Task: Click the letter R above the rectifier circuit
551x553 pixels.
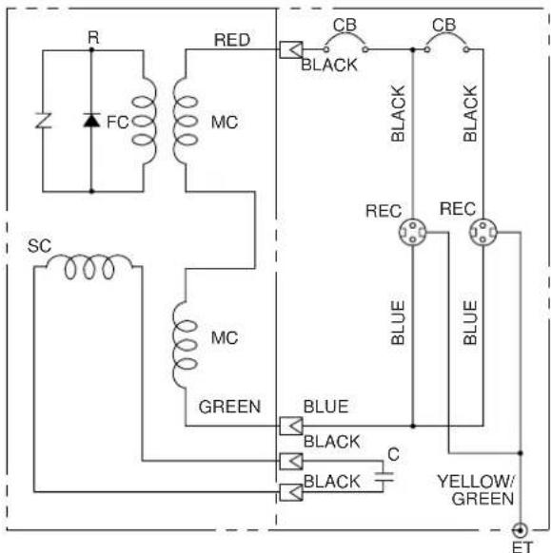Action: [x=93, y=37]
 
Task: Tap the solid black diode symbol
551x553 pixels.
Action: [x=91, y=120]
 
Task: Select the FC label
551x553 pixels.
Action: [x=117, y=122]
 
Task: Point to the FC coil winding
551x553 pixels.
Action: [x=144, y=121]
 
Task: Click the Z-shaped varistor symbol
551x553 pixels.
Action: [x=43, y=121]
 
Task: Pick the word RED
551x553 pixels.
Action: [x=232, y=40]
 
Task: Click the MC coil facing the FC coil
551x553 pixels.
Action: [x=185, y=121]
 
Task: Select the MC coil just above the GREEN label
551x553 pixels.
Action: [x=185, y=345]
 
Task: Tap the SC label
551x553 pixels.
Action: [x=39, y=246]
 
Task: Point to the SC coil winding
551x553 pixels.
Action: [x=89, y=267]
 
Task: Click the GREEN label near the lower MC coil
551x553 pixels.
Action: [x=229, y=407]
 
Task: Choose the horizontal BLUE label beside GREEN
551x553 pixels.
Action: [x=326, y=407]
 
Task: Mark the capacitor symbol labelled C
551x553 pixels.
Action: [x=384, y=477]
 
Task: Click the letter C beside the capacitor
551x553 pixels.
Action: [x=393, y=454]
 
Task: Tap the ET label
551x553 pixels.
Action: [x=522, y=547]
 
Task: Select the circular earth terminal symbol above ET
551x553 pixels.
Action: [x=520, y=530]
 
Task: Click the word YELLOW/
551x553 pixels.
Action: [x=476, y=482]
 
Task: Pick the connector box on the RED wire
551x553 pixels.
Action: [x=291, y=49]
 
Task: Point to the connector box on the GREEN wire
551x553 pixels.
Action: [x=291, y=426]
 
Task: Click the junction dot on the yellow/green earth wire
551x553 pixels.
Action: [x=520, y=453]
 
